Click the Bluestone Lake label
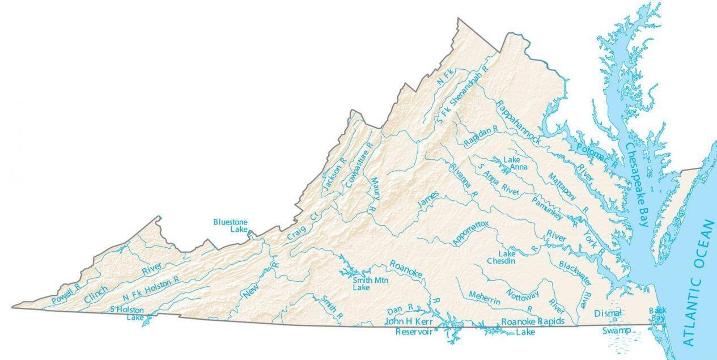point(230,225)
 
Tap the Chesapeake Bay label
point(635,184)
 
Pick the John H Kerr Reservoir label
point(413,326)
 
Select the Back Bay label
point(657,314)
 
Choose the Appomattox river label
point(470,233)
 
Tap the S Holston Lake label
point(127,313)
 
